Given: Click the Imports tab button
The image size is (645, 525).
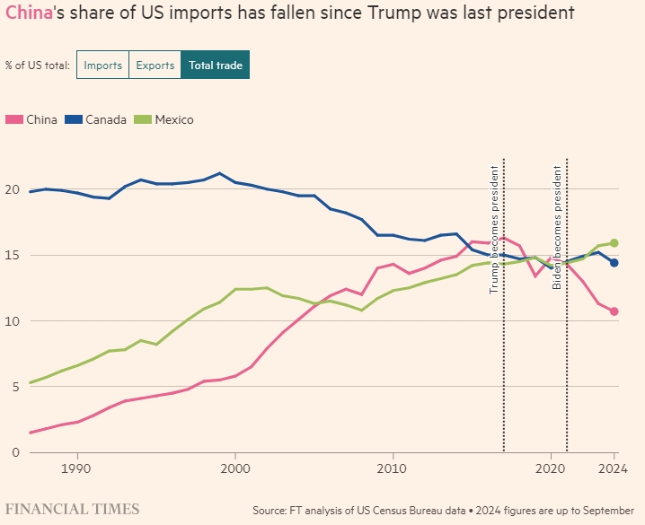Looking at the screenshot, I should click(x=102, y=66).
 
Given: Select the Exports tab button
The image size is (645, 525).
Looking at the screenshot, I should click(x=155, y=66).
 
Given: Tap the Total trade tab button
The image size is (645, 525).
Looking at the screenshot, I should click(x=216, y=66).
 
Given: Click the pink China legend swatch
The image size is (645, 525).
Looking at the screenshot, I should click(x=13, y=119).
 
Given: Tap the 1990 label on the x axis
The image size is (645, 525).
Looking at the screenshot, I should click(x=76, y=468).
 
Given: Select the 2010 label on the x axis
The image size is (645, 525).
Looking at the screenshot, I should click(x=393, y=468).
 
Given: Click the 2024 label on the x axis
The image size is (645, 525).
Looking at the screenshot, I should click(x=614, y=468).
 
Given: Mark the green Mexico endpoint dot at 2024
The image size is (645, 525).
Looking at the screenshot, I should click(x=614, y=242).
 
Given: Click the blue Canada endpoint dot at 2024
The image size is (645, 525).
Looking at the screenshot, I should click(x=614, y=263).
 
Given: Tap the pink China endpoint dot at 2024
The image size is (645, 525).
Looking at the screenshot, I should click(x=614, y=311).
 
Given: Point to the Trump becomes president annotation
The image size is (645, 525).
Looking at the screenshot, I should click(x=493, y=230).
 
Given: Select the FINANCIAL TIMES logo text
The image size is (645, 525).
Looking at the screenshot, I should click(x=73, y=509).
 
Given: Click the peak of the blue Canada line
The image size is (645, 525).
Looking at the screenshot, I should click(x=219, y=173).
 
